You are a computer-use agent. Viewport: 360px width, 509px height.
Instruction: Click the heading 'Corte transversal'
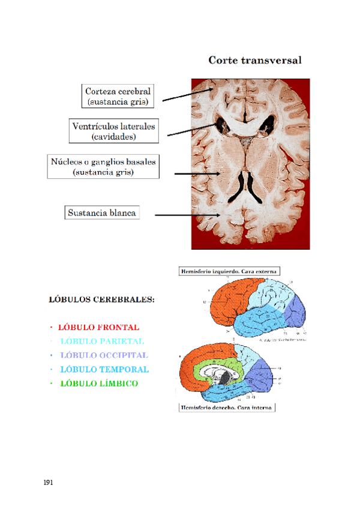254,61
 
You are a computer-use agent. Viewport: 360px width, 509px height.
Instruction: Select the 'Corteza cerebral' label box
118,96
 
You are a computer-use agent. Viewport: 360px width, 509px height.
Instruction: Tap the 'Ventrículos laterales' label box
113,131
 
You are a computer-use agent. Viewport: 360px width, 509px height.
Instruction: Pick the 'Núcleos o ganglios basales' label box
103,166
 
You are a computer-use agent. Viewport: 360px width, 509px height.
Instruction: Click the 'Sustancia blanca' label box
102,212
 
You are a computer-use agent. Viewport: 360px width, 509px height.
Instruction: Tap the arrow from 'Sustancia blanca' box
186,214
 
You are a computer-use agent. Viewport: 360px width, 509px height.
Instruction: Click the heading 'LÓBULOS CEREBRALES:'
101,298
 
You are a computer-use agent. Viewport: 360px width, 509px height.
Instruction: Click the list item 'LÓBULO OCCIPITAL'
104,355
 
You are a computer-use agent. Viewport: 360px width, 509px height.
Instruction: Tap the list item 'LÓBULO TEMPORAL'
104,369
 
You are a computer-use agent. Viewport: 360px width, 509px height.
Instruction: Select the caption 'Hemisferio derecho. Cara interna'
227,408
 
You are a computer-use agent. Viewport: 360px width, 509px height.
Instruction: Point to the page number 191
49,482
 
